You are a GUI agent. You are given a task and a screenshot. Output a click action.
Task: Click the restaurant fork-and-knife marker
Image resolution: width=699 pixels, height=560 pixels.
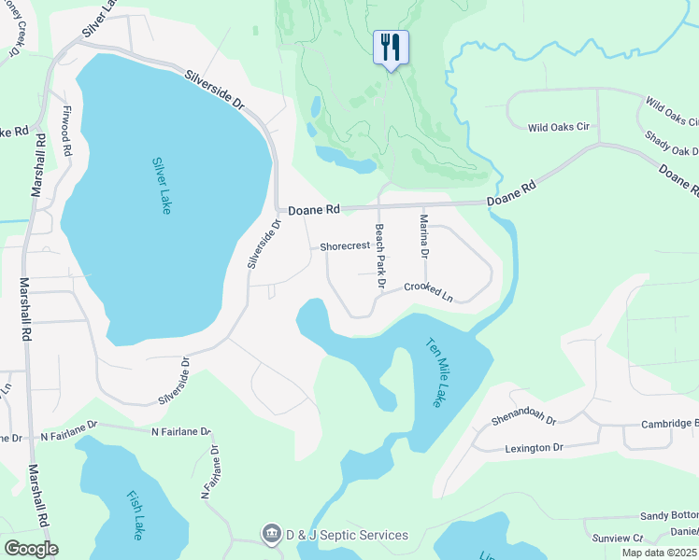click(x=391, y=47)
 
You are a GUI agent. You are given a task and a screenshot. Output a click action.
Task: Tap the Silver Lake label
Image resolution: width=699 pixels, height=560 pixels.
click(x=161, y=185)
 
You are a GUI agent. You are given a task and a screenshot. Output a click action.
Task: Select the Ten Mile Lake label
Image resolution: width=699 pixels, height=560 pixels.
click(x=435, y=371)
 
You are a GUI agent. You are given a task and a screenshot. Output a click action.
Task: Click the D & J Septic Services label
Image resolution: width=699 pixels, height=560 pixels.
click(x=347, y=535)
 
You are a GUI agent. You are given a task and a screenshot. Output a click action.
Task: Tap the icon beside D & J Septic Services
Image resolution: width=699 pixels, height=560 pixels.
click(x=271, y=534)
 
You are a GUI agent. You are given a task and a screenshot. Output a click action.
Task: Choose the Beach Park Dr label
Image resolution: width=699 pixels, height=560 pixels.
click(x=380, y=256)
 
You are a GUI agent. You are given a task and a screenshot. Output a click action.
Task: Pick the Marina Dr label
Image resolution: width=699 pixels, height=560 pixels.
click(x=424, y=236)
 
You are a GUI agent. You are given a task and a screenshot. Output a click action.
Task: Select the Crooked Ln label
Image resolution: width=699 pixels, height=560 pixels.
click(x=428, y=292)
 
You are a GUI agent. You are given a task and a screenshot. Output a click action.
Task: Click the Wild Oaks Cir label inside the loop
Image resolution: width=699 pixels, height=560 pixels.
click(x=558, y=127)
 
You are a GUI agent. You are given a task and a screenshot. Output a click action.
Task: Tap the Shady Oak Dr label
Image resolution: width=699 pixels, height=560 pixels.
click(x=671, y=144)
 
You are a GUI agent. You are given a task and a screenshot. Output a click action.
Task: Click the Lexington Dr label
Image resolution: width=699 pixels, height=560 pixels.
click(x=535, y=448)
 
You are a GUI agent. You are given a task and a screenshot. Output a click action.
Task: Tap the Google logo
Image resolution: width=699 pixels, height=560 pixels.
click(x=32, y=549)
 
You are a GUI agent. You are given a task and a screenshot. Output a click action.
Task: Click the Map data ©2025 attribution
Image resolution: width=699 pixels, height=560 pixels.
click(x=660, y=553)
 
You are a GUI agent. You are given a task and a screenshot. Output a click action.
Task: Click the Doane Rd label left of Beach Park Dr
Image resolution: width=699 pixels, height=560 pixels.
click(x=311, y=211)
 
